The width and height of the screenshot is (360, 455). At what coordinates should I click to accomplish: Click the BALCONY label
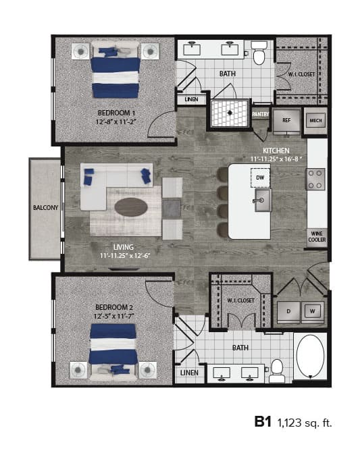tap(46, 208)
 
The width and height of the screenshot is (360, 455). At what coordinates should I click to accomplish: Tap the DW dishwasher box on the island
tap(260, 178)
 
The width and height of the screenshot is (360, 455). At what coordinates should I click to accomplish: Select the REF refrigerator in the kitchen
tap(286, 120)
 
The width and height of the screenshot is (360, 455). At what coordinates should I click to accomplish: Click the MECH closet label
tap(315, 120)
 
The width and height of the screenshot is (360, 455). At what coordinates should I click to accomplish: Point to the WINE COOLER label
tap(317, 236)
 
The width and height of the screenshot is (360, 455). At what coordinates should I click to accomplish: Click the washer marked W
tap(312, 311)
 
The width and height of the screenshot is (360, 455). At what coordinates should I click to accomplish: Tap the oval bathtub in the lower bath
tap(311, 356)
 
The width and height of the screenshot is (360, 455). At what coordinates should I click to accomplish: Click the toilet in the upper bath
tap(258, 52)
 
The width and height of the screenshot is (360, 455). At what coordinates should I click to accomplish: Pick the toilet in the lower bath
tap(276, 368)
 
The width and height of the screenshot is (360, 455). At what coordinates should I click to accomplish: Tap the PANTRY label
tap(261, 115)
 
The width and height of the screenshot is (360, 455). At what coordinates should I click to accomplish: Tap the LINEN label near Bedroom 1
tap(190, 100)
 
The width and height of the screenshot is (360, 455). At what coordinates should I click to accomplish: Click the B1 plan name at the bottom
tap(262, 423)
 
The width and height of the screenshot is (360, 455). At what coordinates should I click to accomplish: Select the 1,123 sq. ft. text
tap(305, 423)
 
